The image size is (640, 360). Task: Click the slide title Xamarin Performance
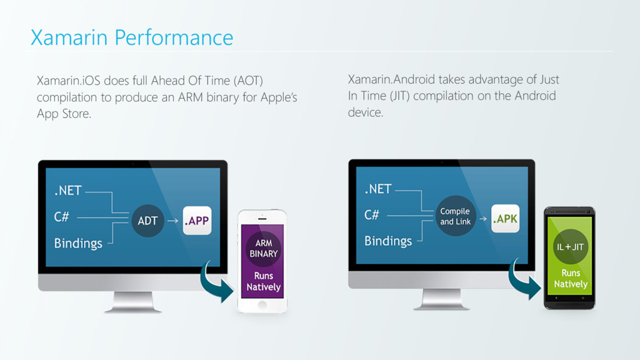point(132,37)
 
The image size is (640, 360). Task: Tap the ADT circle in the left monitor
point(147,221)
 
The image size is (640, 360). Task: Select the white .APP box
point(197,221)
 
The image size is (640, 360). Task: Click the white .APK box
point(505,219)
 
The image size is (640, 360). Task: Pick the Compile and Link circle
point(456,216)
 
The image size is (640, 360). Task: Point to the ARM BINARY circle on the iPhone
point(263,248)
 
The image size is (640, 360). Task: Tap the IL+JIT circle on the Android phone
point(570,246)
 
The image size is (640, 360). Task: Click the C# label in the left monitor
point(61,217)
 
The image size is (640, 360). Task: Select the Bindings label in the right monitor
point(388,241)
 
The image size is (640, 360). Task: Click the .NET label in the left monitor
point(67,191)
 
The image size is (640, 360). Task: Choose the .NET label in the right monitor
point(378,189)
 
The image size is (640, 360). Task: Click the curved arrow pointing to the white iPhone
point(216,283)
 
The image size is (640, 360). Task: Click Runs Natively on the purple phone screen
point(263,281)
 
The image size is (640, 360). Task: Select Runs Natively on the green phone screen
point(571,279)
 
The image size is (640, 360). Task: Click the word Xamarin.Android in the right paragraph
point(391,79)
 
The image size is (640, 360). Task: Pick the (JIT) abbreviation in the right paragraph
point(399,96)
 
